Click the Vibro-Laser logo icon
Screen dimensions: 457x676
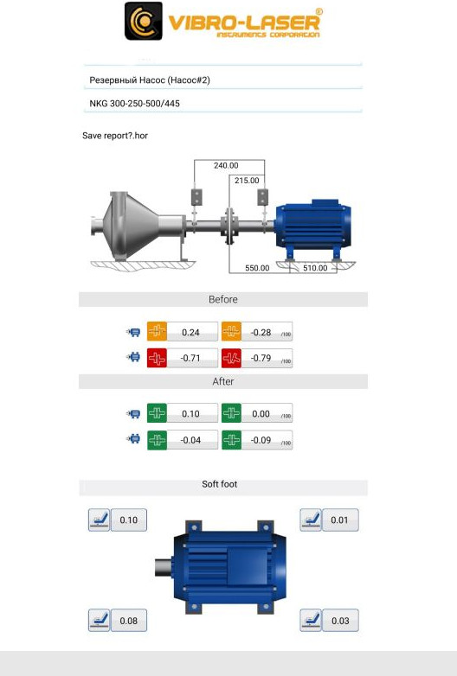(144, 21)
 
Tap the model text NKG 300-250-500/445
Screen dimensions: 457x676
(135, 104)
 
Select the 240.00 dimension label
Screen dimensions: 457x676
(226, 166)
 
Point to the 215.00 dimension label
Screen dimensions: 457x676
(247, 181)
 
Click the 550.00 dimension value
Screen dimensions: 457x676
(257, 268)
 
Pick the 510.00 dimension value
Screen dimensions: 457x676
(315, 268)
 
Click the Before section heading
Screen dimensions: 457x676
(223, 299)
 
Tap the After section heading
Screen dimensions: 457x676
(223, 381)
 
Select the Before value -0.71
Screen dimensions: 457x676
(190, 358)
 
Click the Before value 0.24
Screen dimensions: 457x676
(190, 333)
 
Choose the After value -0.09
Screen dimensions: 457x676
(261, 440)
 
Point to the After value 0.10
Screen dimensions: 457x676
(190, 414)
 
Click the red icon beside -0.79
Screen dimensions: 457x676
(231, 358)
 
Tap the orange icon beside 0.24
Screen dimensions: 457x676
(157, 331)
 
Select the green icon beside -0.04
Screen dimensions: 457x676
(157, 440)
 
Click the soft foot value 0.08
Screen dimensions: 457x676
(129, 621)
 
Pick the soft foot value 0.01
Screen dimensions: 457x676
(339, 520)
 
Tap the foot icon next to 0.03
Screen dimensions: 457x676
(311, 621)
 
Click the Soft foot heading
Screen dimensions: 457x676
(220, 484)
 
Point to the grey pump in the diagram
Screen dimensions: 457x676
(138, 226)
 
